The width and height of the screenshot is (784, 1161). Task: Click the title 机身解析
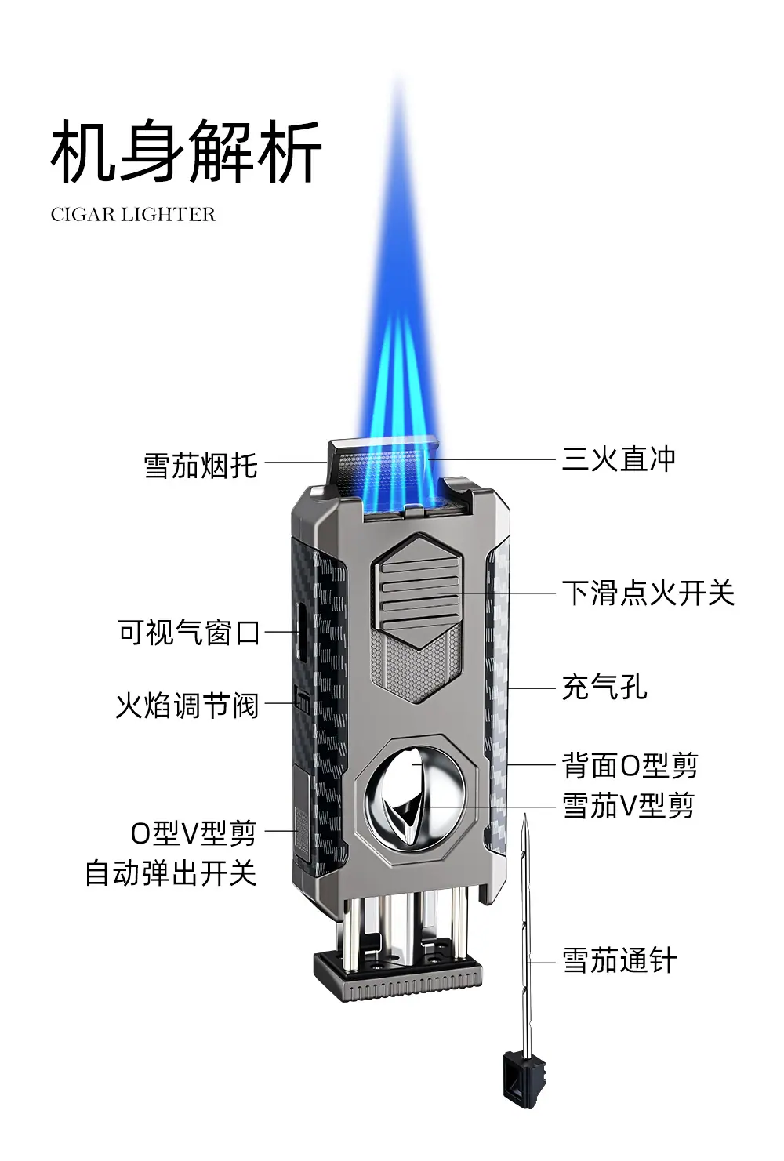tap(186, 151)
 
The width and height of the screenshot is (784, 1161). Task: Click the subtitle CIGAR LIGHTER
tap(133, 215)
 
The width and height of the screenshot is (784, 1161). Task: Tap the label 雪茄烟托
tap(201, 466)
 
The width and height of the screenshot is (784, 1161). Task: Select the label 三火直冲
tap(619, 459)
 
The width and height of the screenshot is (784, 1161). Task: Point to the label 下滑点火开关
tap(648, 593)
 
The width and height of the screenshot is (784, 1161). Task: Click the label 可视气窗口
tap(189, 633)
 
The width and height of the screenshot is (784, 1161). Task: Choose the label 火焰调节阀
tap(187, 705)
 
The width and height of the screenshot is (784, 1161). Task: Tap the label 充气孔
tap(604, 688)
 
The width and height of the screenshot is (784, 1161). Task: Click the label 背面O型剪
tap(630, 766)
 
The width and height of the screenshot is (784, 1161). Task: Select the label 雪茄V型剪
tap(629, 806)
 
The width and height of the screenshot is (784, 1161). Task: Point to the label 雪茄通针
tap(619, 960)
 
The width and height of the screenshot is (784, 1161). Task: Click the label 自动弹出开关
tap(171, 873)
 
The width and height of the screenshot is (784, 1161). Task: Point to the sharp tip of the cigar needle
tap(524, 813)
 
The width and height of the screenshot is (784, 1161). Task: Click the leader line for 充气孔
tap(532, 688)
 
